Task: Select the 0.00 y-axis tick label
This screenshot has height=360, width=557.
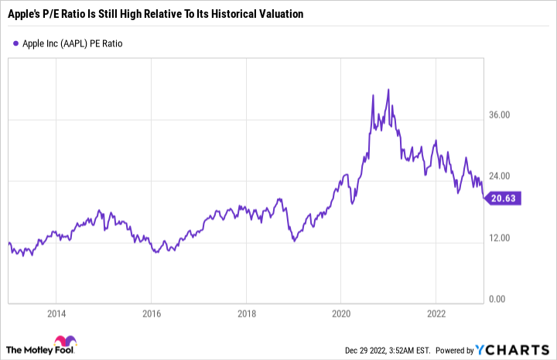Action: (501, 299)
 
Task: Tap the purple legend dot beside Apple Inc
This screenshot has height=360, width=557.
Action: (16, 43)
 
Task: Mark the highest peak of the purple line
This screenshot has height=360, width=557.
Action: (388, 90)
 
